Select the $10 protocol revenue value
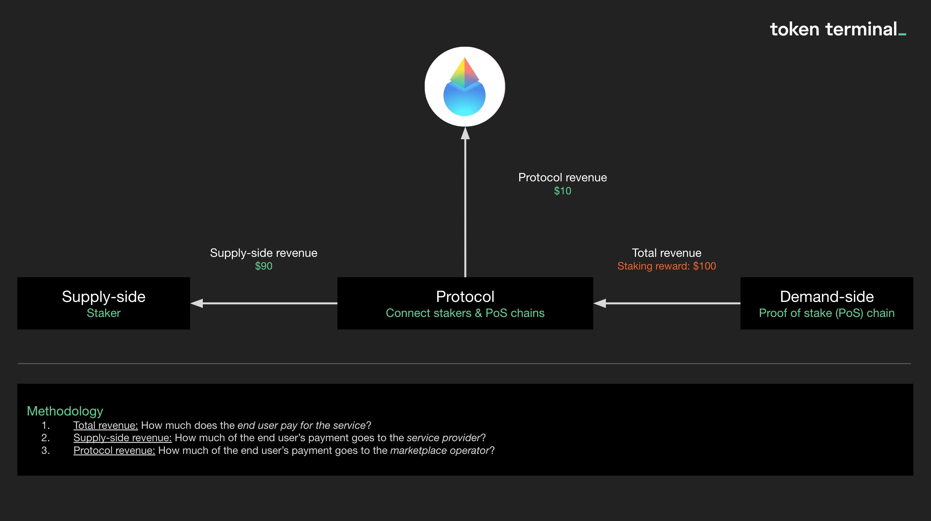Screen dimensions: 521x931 coord(562,191)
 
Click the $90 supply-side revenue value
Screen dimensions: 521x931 coord(264,266)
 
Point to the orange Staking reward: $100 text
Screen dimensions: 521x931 coord(666,266)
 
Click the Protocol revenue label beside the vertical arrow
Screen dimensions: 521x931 coord(562,177)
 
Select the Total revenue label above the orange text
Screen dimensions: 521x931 coord(666,252)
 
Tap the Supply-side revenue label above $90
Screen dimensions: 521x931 coord(264,252)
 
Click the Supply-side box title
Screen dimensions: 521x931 coord(103,297)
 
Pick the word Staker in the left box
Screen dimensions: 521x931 coord(103,313)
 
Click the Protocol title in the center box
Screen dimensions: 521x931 coord(465,297)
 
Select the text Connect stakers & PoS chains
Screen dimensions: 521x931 coord(465,313)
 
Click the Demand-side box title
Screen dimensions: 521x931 coord(827,297)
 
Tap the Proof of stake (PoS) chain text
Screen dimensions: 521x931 coord(827,313)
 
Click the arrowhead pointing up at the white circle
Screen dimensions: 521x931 coord(465,133)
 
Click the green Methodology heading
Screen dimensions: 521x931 coord(65,411)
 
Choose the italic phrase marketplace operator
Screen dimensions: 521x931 coord(439,451)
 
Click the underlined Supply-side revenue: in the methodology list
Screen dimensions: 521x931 coord(122,438)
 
